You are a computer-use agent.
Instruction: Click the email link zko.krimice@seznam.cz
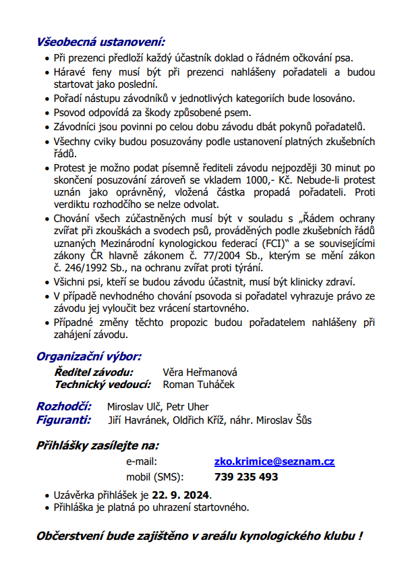pos(274,462)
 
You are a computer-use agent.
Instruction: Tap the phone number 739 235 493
pos(246,477)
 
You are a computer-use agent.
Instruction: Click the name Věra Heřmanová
pos(200,372)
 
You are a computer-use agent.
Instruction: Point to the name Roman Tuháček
pos(199,385)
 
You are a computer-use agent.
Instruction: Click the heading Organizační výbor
pos(88,356)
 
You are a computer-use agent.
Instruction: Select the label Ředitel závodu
pos(94,372)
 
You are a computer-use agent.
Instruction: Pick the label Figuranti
pos(64,419)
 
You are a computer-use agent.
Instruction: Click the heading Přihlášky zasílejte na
pos(98,445)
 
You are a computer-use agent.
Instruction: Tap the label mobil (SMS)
pos(154,477)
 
